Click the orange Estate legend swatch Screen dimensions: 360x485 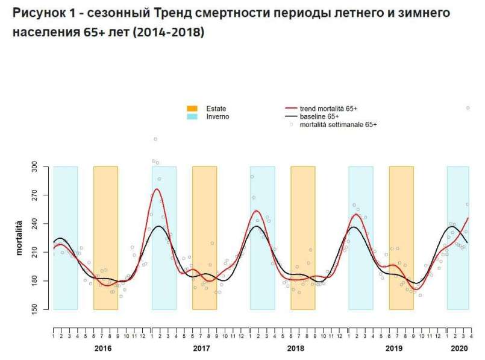pos(192,109)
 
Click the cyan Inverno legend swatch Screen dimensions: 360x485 pos(192,116)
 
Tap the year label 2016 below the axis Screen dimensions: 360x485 pos(103,349)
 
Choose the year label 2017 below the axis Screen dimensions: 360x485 pos(201,349)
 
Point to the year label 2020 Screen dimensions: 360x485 pos(459,349)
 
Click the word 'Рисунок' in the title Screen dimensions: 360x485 pos(37,13)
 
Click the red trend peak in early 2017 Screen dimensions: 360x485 pos(157,189)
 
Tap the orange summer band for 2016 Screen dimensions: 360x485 pos(105,238)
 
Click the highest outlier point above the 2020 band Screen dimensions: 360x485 pos(468,108)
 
